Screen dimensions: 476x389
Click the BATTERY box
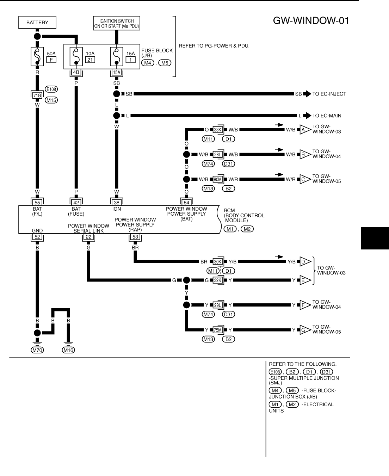(x=37, y=23)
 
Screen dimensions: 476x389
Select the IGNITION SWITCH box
(x=116, y=23)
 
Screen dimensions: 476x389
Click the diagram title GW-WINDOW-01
(x=311, y=20)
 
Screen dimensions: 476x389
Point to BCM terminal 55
(x=37, y=203)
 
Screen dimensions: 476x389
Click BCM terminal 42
(x=76, y=203)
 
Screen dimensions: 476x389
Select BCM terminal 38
(x=116, y=203)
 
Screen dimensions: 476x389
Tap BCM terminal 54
(x=186, y=203)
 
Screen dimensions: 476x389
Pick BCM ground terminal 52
(x=37, y=237)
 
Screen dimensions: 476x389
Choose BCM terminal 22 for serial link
(x=88, y=237)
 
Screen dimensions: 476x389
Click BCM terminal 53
(x=135, y=237)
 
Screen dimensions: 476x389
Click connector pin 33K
(x=218, y=130)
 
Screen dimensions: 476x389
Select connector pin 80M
(x=218, y=179)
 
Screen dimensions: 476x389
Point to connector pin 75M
(x=218, y=330)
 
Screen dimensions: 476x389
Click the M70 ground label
(x=37, y=350)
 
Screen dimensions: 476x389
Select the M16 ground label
(x=68, y=350)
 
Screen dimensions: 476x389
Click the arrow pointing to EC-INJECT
(x=307, y=94)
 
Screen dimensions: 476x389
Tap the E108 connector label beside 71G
(x=51, y=89)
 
